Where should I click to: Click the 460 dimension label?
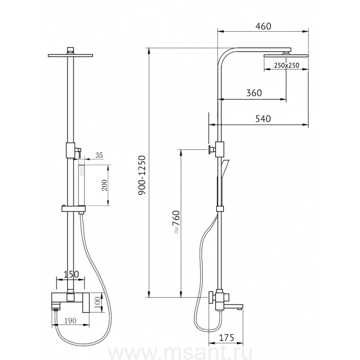263,26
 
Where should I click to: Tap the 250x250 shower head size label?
286,66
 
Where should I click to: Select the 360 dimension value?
254,93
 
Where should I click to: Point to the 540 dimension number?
263,119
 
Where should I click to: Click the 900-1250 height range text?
142,175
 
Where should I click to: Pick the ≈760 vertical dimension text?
176,222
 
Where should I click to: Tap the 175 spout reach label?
226,338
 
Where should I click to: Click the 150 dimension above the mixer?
71,274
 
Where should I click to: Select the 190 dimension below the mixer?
70,320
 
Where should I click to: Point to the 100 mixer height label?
98,302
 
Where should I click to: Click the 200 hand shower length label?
104,185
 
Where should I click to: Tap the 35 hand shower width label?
99,156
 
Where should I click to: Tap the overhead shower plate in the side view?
286,56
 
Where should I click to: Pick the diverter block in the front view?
70,150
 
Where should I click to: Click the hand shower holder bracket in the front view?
74,209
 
